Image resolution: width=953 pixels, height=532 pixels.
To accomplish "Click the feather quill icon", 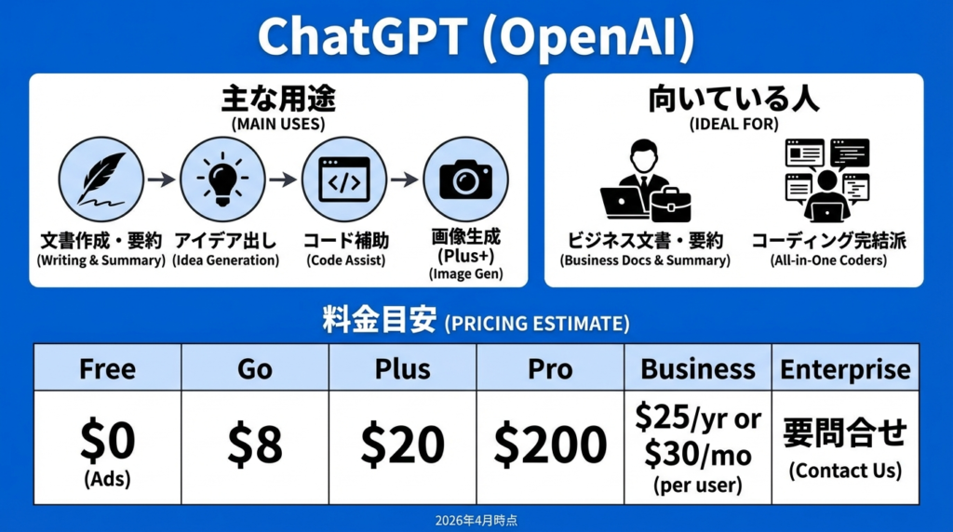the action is [x=101, y=180].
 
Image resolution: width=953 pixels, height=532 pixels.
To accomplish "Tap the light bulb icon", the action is [x=222, y=180].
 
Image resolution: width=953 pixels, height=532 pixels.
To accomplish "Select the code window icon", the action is [x=344, y=180].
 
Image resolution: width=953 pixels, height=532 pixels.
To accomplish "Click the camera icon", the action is [x=465, y=180].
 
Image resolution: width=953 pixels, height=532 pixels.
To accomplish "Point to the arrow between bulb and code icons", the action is [x=283, y=180].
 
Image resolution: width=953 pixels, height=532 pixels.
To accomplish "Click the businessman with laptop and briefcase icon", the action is [x=646, y=180].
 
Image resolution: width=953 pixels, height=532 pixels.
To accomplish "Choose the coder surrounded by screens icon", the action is [x=827, y=180].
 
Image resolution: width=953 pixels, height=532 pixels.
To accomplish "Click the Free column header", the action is [x=108, y=368].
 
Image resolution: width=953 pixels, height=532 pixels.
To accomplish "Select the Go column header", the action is [x=255, y=368].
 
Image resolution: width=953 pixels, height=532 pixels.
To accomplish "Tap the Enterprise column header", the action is [x=845, y=368].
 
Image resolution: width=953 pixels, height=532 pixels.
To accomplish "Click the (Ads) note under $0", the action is [x=108, y=479].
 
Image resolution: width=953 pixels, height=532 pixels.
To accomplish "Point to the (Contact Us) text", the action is [x=845, y=471].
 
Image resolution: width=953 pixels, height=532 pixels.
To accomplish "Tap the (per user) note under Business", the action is [x=698, y=485].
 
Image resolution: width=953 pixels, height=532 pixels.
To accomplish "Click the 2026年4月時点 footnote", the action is [x=476, y=521].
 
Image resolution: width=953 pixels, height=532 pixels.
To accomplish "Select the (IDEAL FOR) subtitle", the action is [x=733, y=124].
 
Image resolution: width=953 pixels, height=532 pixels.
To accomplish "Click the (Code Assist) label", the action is [x=345, y=260].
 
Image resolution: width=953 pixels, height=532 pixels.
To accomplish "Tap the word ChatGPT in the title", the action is [x=363, y=36].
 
